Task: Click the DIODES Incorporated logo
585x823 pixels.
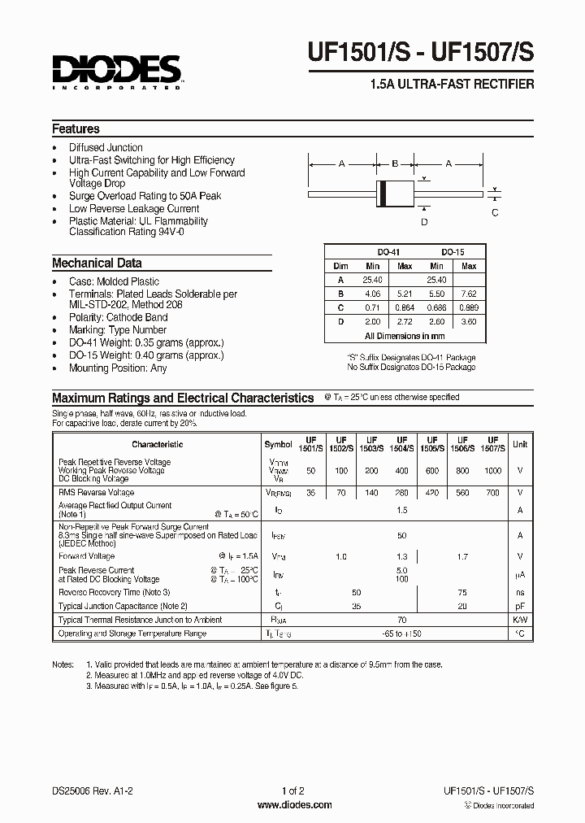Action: pyautogui.click(x=117, y=72)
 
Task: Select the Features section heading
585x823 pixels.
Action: pyautogui.click(x=76, y=128)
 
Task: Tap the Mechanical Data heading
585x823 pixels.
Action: pyautogui.click(x=97, y=263)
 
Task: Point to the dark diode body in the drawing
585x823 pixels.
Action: pyautogui.click(x=395, y=194)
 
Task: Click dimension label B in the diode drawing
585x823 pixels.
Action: pyautogui.click(x=395, y=164)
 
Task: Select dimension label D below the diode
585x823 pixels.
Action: pyautogui.click(x=423, y=221)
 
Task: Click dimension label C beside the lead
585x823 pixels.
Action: pyautogui.click(x=495, y=212)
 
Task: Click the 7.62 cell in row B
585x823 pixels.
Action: pyautogui.click(x=469, y=292)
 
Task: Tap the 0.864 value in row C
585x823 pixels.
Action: pyautogui.click(x=404, y=307)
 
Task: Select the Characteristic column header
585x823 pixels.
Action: pyautogui.click(x=157, y=444)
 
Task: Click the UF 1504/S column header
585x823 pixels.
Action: pyautogui.click(x=401, y=444)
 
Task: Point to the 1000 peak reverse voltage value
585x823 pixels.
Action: pyautogui.click(x=492, y=471)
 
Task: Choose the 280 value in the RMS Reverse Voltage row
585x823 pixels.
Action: pyautogui.click(x=401, y=493)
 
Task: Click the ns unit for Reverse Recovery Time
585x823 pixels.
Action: pyautogui.click(x=520, y=593)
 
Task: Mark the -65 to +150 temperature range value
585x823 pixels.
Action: pyautogui.click(x=401, y=633)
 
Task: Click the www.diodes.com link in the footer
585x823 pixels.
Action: pyautogui.click(x=293, y=805)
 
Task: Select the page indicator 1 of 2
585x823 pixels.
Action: pyautogui.click(x=292, y=791)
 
